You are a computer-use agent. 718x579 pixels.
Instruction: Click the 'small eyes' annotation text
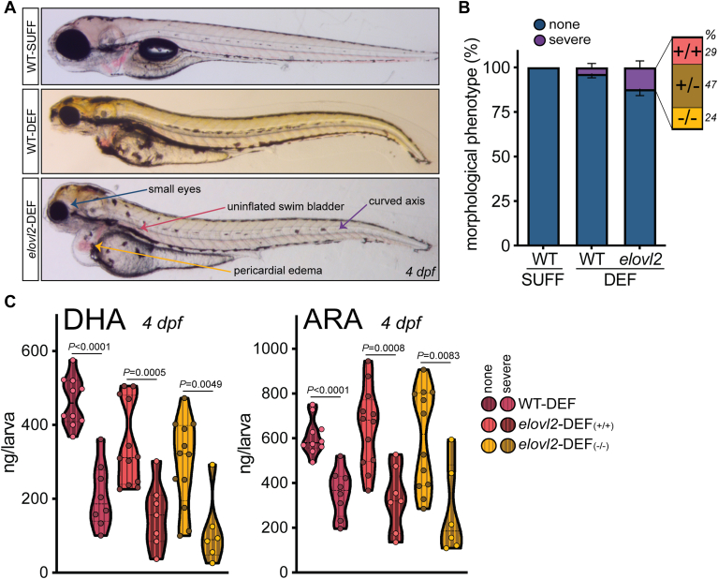pyautogui.click(x=174, y=189)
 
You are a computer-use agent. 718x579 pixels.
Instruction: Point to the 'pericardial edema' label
pyautogui.click(x=278, y=271)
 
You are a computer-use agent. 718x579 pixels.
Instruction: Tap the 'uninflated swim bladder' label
pyautogui.click(x=286, y=206)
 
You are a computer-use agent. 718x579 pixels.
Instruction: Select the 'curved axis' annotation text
pyautogui.click(x=397, y=200)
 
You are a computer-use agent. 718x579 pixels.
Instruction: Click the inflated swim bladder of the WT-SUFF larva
pyautogui.click(x=158, y=50)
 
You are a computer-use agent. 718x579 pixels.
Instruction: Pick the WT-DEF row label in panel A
pyautogui.click(x=31, y=130)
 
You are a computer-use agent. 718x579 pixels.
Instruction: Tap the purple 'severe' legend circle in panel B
pyautogui.click(x=540, y=40)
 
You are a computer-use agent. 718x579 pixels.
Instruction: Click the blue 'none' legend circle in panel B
pyautogui.click(x=540, y=24)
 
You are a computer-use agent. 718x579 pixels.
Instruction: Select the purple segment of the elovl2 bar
pyautogui.click(x=640, y=79)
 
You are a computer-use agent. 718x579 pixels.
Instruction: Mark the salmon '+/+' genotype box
pyautogui.click(x=686, y=51)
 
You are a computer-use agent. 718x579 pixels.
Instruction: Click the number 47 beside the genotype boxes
pyautogui.click(x=711, y=85)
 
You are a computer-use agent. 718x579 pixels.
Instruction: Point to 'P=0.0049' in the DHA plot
pyautogui.click(x=200, y=384)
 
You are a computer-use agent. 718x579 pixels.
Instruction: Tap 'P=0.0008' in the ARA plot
pyautogui.click(x=383, y=349)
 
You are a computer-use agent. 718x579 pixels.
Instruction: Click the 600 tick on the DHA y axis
pyautogui.click(x=35, y=351)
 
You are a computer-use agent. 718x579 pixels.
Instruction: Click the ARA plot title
pyautogui.click(x=332, y=319)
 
